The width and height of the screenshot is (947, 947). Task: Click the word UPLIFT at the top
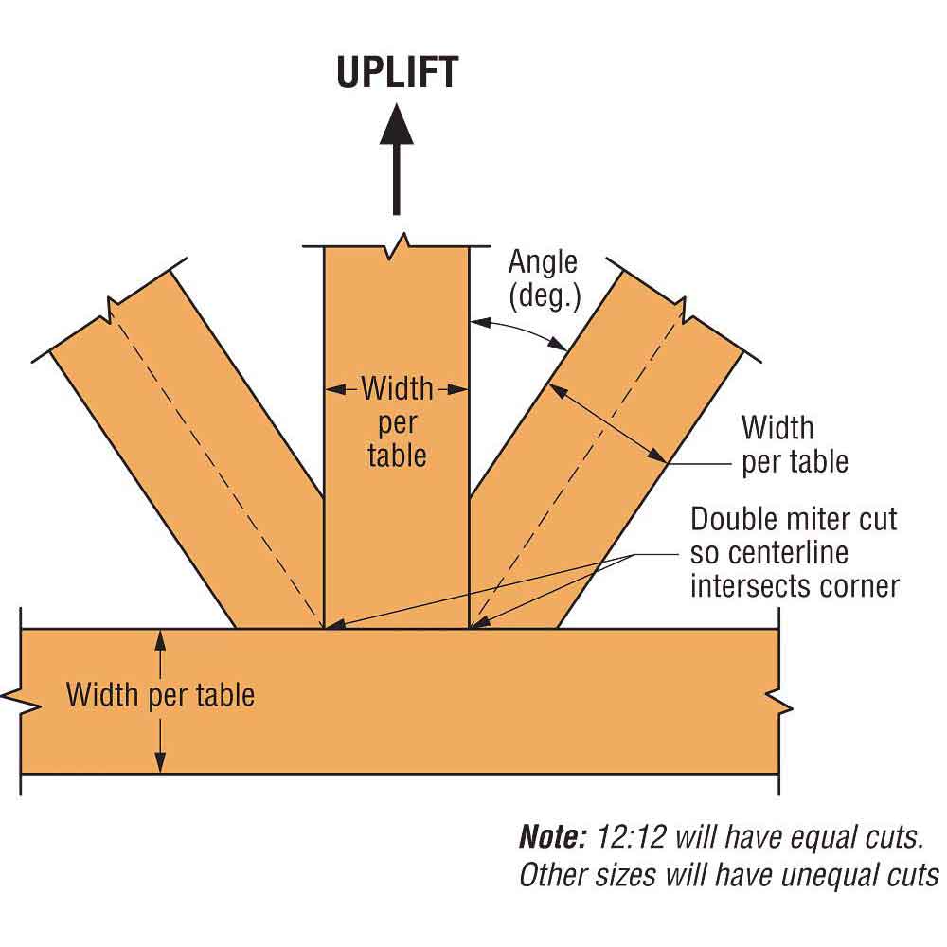coord(397,73)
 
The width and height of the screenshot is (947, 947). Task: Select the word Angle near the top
coord(543,261)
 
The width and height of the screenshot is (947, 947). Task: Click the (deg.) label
coord(543,295)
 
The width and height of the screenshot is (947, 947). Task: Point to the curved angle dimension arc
coord(521,331)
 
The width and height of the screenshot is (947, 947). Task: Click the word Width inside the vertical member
coord(397,388)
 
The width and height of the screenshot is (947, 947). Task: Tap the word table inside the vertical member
coord(397,455)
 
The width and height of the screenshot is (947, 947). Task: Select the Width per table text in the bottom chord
coord(160,695)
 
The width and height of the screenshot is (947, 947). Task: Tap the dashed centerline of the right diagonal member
coord(578,464)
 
